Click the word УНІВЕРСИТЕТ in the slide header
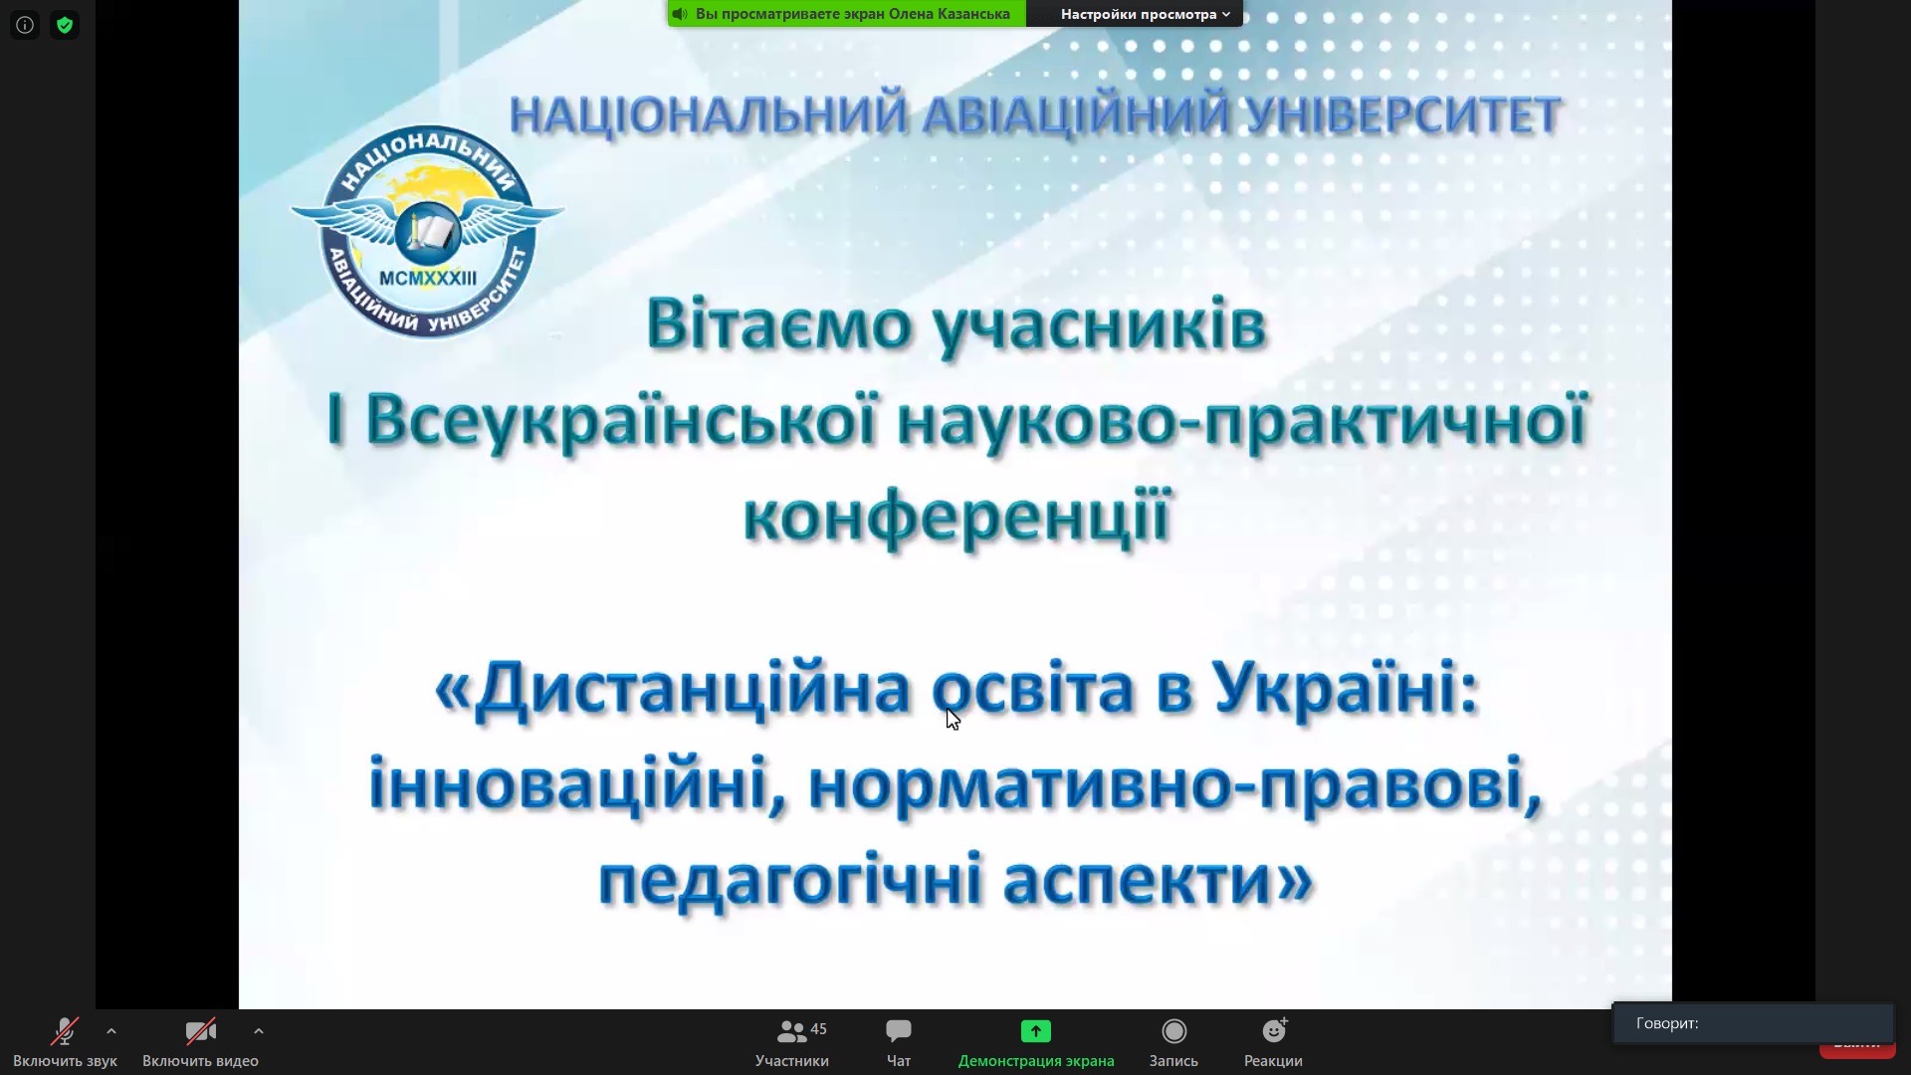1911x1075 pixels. click(1403, 114)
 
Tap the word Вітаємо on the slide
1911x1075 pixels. click(779, 324)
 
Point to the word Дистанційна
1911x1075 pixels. click(692, 689)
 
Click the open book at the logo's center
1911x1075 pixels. click(429, 232)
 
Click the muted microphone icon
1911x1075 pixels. click(66, 1031)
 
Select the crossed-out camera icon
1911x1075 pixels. click(200, 1031)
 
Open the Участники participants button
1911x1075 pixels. click(792, 1043)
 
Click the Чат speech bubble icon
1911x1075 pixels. click(899, 1030)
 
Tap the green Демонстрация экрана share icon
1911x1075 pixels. click(1036, 1031)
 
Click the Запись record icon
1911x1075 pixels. click(1174, 1031)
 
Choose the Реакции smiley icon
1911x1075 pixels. click(1274, 1030)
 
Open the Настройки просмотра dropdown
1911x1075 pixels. click(1145, 14)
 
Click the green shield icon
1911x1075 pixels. click(65, 25)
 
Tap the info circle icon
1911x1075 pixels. click(25, 25)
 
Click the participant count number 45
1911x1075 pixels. click(819, 1028)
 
